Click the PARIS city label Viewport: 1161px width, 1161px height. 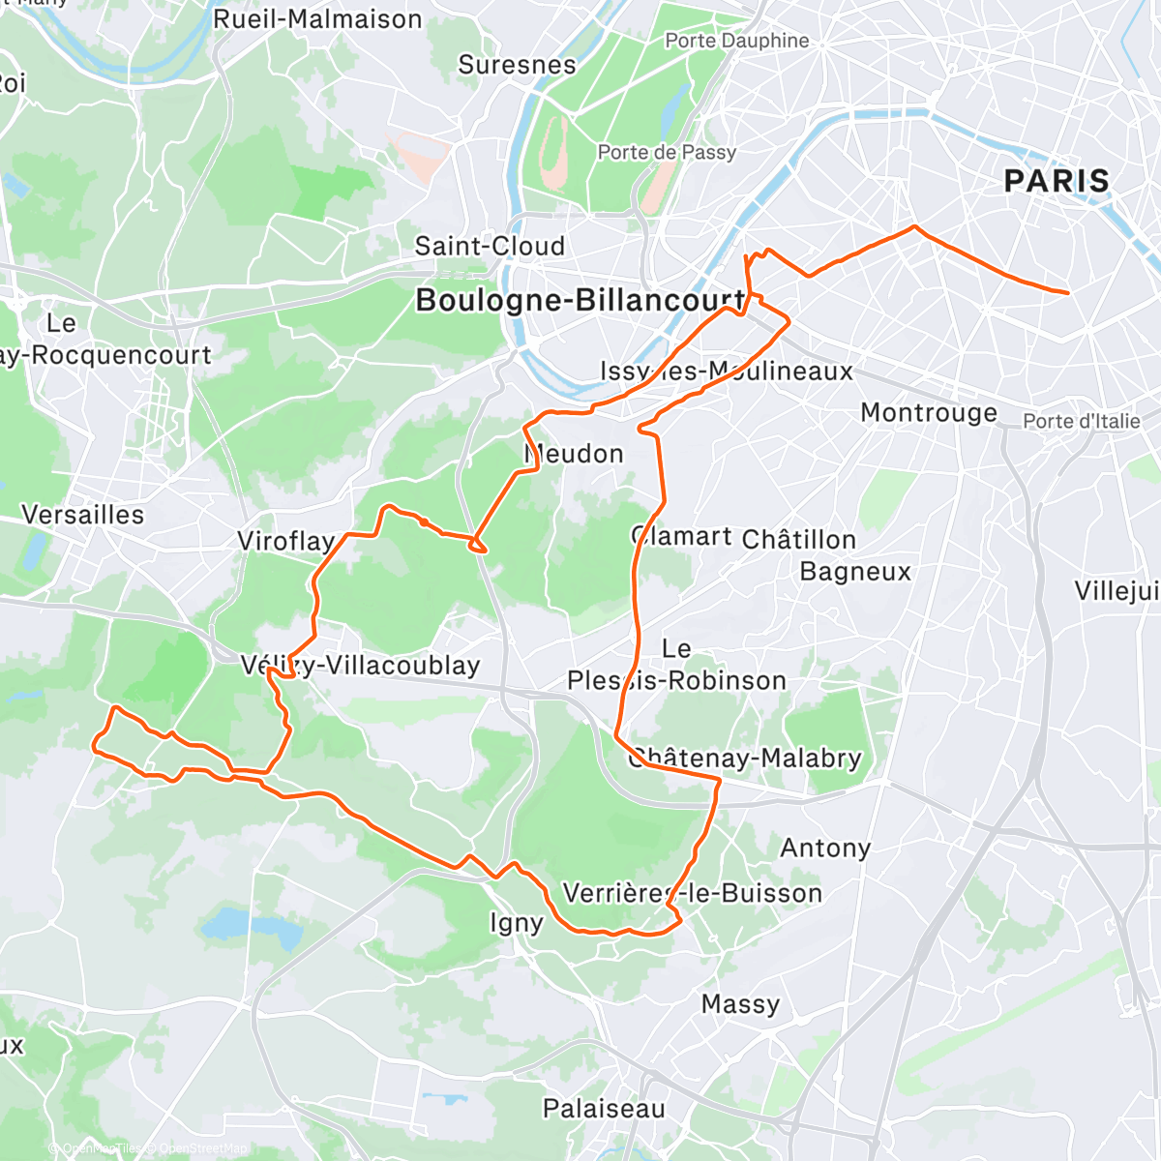click(x=1057, y=181)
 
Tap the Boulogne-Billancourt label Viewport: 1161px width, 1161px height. click(x=580, y=300)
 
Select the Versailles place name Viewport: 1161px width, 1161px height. click(x=82, y=515)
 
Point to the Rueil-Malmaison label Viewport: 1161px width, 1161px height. click(x=317, y=19)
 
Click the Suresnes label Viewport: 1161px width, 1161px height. click(x=517, y=65)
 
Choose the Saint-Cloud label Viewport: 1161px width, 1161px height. click(x=490, y=246)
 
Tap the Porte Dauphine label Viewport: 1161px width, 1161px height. click(x=736, y=41)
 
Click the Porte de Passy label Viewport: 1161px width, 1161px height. click(x=667, y=152)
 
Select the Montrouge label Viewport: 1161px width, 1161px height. click(x=929, y=413)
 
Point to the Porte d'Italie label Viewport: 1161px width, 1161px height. click(x=1082, y=421)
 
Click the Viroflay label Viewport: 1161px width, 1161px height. click(x=286, y=541)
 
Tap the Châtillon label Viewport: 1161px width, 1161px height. click(x=799, y=539)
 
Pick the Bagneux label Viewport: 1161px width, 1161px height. click(x=855, y=572)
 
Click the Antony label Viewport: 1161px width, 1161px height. click(x=825, y=848)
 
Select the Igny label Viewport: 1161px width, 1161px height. click(x=516, y=923)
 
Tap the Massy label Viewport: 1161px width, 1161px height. click(x=740, y=1004)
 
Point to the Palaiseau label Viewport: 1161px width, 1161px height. click(x=604, y=1109)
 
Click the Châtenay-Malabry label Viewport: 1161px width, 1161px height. click(x=745, y=758)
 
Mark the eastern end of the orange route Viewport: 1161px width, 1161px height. click(x=1068, y=292)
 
